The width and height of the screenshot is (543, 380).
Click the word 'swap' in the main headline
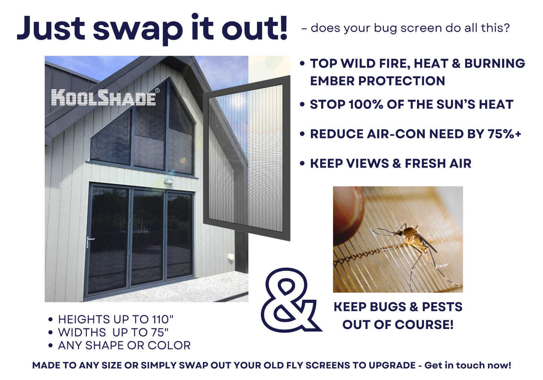(138, 30)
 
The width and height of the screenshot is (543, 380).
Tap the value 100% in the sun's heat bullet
(366, 104)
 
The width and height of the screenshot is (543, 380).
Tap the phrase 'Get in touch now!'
(468, 365)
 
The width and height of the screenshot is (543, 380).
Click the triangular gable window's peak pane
(180, 126)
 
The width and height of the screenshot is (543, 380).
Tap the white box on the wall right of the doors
(230, 257)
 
